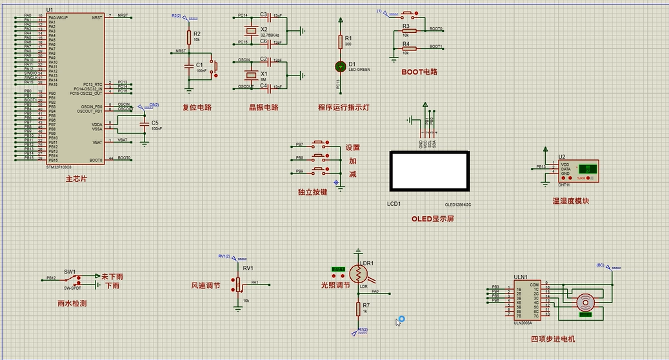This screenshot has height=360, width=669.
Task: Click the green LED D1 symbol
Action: pyautogui.click(x=341, y=66)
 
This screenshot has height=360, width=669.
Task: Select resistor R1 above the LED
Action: pyautogui.click(x=341, y=42)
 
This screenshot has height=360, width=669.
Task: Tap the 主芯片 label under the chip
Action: pyautogui.click(x=77, y=179)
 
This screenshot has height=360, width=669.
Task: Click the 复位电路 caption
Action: pyautogui.click(x=197, y=108)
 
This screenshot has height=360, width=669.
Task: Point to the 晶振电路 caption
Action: pyautogui.click(x=263, y=108)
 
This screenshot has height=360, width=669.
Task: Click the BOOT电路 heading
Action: pyautogui.click(x=419, y=72)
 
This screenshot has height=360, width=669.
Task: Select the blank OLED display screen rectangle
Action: pyautogui.click(x=429, y=172)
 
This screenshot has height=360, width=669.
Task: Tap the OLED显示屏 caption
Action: pyautogui.click(x=433, y=219)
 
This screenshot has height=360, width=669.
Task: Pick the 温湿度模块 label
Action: pyautogui.click(x=571, y=201)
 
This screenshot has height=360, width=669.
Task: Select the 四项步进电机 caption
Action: pyautogui.click(x=553, y=339)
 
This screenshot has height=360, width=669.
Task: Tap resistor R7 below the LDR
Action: pyautogui.click(x=358, y=308)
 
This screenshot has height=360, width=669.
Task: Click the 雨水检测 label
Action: pyautogui.click(x=72, y=303)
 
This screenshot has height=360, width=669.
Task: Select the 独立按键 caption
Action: pyautogui.click(x=313, y=192)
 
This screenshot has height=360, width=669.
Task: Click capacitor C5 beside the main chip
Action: pyautogui.click(x=145, y=125)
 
